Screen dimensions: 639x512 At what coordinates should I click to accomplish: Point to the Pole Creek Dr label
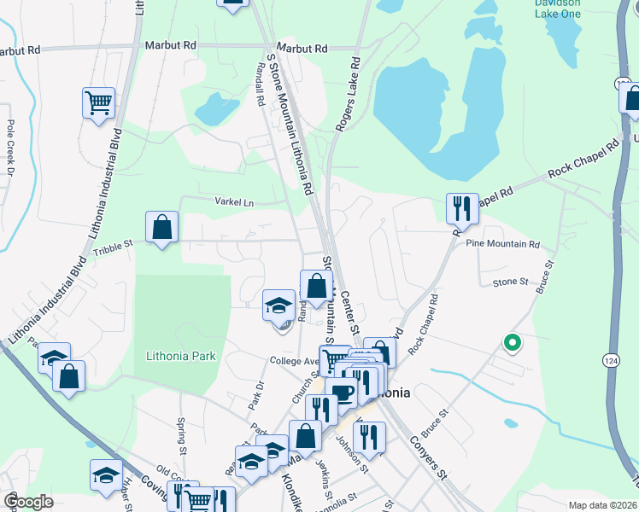click(10, 147)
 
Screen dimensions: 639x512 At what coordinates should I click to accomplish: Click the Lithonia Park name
click(181, 356)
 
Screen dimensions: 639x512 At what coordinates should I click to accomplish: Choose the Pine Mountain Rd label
click(503, 244)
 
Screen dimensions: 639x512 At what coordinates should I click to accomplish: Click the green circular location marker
click(513, 343)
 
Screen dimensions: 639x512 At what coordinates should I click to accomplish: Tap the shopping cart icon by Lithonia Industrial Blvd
click(99, 103)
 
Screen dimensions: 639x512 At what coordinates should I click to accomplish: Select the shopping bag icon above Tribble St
click(161, 227)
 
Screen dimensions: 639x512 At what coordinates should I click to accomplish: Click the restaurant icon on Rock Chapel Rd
click(460, 207)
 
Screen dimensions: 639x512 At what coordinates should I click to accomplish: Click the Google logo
click(29, 502)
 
